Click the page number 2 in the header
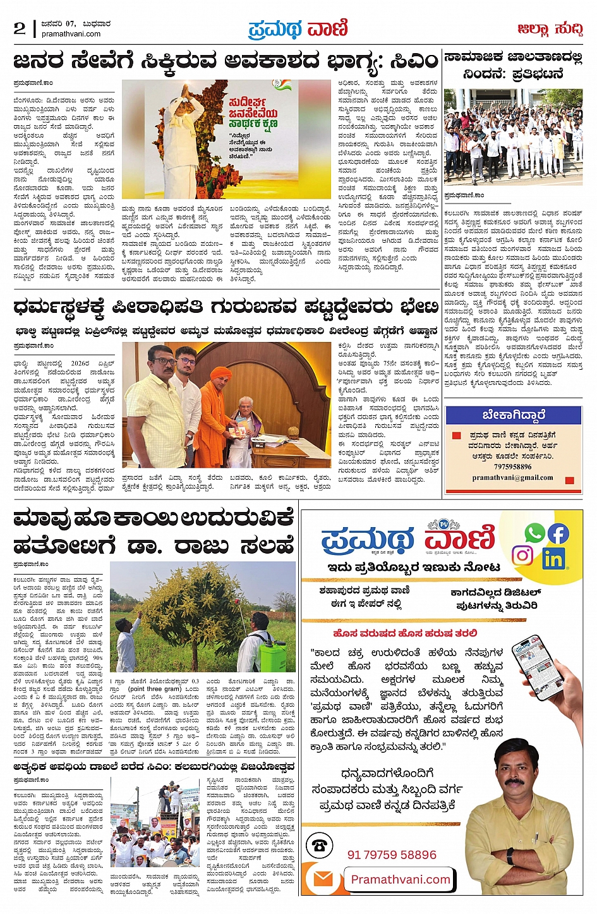(20, 28)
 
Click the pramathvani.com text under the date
(71, 34)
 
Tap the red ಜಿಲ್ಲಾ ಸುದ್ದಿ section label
(549, 29)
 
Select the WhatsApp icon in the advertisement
(534, 533)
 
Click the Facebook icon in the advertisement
(558, 533)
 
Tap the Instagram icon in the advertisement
(522, 556)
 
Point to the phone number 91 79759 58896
(392, 855)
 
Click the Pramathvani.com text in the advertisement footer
(401, 879)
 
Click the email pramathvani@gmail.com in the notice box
(512, 478)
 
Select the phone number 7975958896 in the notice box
(512, 466)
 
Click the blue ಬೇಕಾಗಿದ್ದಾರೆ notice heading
(514, 415)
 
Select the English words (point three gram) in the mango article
(154, 688)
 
